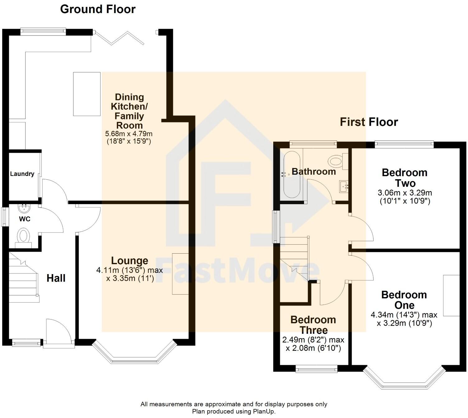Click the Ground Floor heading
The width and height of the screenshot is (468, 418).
click(x=98, y=9)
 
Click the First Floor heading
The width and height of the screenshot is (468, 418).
click(x=369, y=122)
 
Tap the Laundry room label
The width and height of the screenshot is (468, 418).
click(x=22, y=174)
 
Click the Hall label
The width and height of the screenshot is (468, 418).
click(x=56, y=278)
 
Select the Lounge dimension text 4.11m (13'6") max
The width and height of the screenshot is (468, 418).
click(x=129, y=270)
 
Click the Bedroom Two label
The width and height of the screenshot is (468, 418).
click(x=405, y=178)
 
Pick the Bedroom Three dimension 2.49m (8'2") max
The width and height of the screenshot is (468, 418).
click(x=313, y=340)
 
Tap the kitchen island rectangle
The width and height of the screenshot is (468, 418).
click(x=87, y=94)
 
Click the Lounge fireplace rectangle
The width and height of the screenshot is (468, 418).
click(x=180, y=274)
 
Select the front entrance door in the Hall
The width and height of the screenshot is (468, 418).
click(x=58, y=331)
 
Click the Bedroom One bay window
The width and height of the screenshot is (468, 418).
click(x=404, y=379)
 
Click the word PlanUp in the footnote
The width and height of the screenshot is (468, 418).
click(x=264, y=411)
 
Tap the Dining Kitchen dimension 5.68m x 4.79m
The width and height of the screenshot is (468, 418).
click(x=129, y=134)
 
